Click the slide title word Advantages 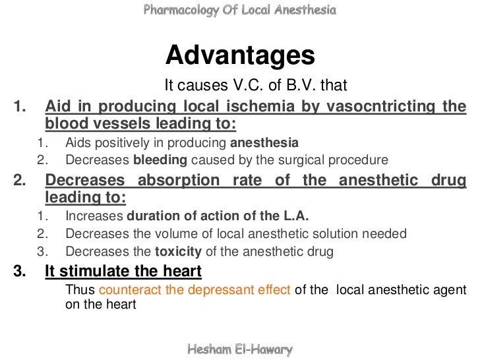[x=240, y=57]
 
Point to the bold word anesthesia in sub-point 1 [x=264, y=142]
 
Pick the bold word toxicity [x=180, y=251]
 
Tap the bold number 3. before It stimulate [x=22, y=270]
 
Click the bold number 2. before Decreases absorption [x=22, y=180]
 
